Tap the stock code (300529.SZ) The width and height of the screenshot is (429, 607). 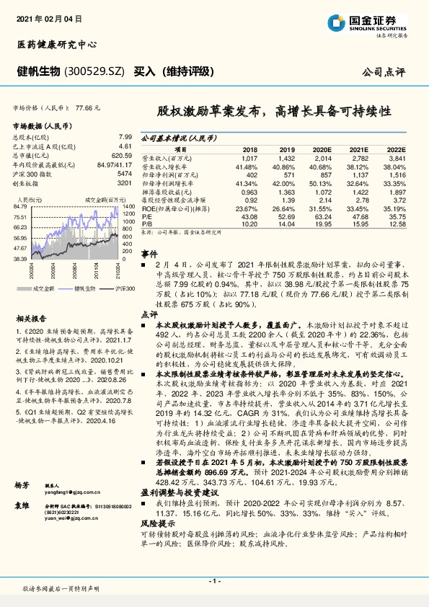tap(96, 71)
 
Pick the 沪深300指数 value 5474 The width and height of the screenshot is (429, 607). tap(124, 174)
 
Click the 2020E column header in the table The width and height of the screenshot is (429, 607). tap(322, 149)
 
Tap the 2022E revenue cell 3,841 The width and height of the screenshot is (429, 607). tap(398, 157)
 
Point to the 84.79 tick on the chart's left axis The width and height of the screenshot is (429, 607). tap(20, 207)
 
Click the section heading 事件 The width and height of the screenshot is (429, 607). tap(148, 254)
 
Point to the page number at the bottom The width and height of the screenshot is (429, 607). tap(214, 580)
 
